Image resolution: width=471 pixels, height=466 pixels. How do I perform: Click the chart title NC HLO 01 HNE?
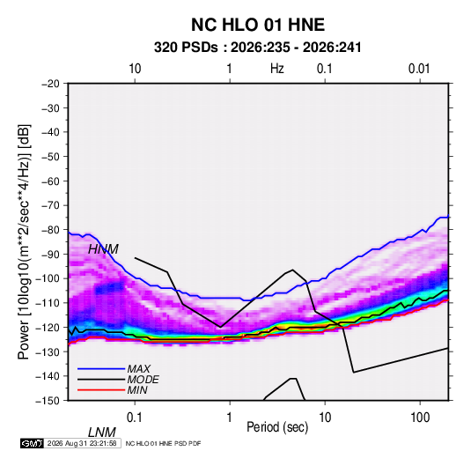tap(258, 25)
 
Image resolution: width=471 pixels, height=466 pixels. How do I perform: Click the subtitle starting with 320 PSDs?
tap(257, 48)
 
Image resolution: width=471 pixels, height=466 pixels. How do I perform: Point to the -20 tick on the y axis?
tap(50, 84)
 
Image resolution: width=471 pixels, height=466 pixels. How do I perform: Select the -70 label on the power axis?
tap(50, 205)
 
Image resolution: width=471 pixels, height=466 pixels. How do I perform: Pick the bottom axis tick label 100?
tap(420, 418)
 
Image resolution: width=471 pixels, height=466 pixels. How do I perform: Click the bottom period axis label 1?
tap(230, 418)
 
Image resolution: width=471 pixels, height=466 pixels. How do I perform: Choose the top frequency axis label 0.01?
tap(419, 69)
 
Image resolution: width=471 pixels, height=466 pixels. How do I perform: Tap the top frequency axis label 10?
tap(135, 69)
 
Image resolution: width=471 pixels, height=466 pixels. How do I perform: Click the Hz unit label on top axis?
tap(277, 69)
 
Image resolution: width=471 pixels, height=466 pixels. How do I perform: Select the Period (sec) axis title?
tap(277, 427)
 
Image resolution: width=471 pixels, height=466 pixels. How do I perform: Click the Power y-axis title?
tap(24, 241)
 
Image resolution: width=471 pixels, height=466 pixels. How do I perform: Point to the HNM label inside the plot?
tap(103, 249)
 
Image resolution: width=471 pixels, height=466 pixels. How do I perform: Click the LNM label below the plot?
tap(102, 433)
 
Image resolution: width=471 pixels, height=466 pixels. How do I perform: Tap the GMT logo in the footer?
tap(32, 443)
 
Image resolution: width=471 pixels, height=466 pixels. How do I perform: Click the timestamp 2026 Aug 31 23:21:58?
tap(82, 443)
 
